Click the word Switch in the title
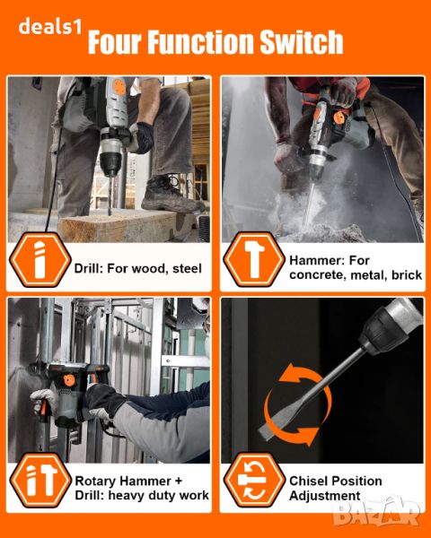pos(301,41)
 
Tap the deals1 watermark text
pos(50,26)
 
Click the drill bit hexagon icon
pos(40,260)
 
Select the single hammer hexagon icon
pos(254,259)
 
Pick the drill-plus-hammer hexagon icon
pos(40,480)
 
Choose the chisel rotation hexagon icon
pos(254,480)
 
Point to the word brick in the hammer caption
pos(407,275)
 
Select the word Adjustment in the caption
pos(325,496)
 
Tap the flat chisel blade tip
pos(264,433)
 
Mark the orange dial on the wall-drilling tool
pos(69,380)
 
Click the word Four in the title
pos(115,42)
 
